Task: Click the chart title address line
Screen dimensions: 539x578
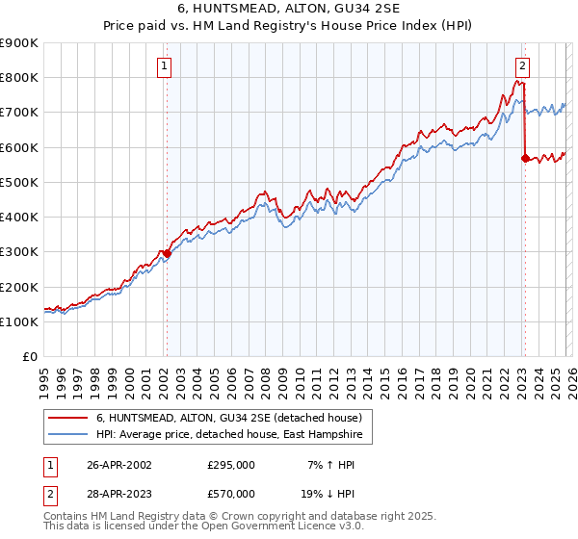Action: coord(289,9)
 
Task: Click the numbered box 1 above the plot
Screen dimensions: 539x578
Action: coord(165,66)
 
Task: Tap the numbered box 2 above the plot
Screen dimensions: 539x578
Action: coord(521,66)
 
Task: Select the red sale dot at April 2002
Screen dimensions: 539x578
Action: coord(167,253)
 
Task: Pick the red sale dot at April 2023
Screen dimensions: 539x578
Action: coord(525,158)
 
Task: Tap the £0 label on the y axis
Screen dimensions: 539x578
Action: coord(29,357)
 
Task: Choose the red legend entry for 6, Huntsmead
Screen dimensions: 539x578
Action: coord(228,418)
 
